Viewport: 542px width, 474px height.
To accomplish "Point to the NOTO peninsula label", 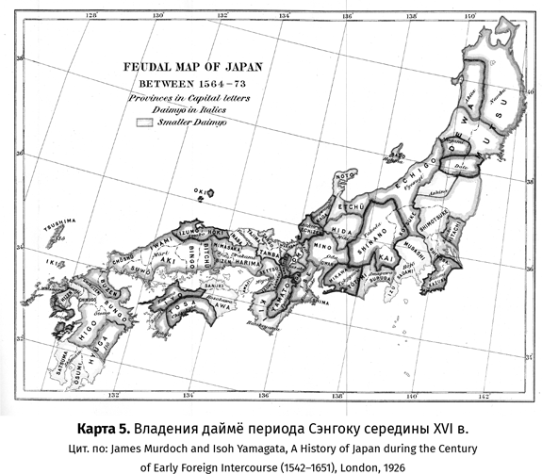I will [x=344, y=175].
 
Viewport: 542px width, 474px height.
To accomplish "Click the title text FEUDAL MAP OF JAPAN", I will [x=188, y=68].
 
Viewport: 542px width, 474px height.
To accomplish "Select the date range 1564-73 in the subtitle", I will [x=209, y=83].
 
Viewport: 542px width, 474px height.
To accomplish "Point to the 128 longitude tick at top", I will [x=91, y=15].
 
